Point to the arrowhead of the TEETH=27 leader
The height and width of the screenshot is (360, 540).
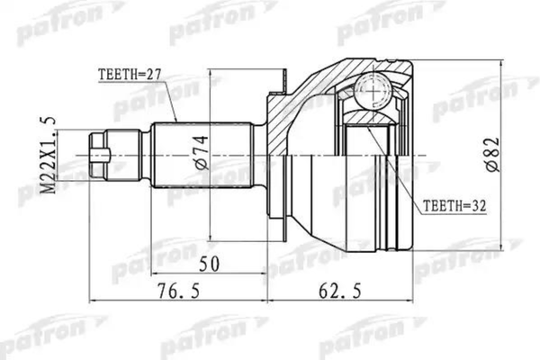[175, 121]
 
